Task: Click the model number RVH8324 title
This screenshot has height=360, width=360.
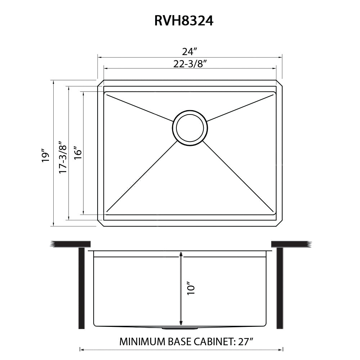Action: (x=184, y=21)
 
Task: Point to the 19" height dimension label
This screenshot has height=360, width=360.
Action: (x=45, y=156)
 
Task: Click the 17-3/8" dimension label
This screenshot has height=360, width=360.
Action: (x=63, y=157)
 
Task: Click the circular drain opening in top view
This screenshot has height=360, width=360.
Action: (x=190, y=128)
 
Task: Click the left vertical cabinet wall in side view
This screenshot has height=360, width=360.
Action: (x=81, y=288)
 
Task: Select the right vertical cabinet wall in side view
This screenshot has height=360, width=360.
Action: (x=279, y=288)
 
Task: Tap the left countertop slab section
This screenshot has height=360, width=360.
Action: (x=71, y=244)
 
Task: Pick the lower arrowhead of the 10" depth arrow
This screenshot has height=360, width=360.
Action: (x=181, y=323)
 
